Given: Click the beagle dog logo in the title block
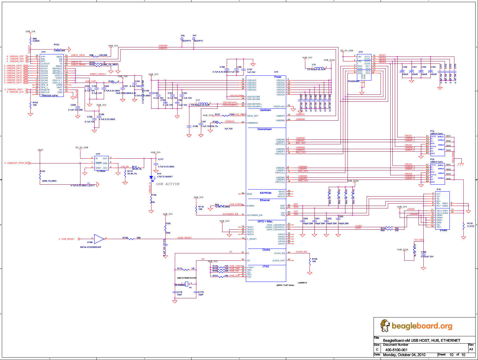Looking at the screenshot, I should (x=385, y=326).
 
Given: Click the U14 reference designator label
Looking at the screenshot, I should (x=43, y=52).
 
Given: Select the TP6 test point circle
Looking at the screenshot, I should (x=182, y=39).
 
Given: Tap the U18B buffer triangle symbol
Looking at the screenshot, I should (x=99, y=239).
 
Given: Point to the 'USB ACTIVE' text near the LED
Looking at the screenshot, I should (x=168, y=184).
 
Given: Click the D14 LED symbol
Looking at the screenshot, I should (x=151, y=177).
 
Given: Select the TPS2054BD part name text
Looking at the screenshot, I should (x=353, y=81).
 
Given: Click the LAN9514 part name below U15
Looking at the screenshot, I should (x=302, y=283).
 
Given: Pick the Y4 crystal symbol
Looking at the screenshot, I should (x=187, y=284).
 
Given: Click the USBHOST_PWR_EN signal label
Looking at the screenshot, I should (x=17, y=163).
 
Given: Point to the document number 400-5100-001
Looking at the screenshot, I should (x=396, y=350).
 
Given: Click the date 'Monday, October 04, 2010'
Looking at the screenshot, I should (x=404, y=355).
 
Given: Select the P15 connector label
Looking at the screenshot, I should (x=439, y=190).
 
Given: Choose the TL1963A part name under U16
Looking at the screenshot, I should (x=101, y=171).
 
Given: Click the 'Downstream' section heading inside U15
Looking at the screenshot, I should (x=265, y=129).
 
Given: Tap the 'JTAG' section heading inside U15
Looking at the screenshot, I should (x=266, y=267).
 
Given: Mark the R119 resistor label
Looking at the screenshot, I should (x=470, y=224).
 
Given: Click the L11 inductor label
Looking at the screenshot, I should (x=198, y=100).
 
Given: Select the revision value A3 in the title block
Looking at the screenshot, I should (x=471, y=349).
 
